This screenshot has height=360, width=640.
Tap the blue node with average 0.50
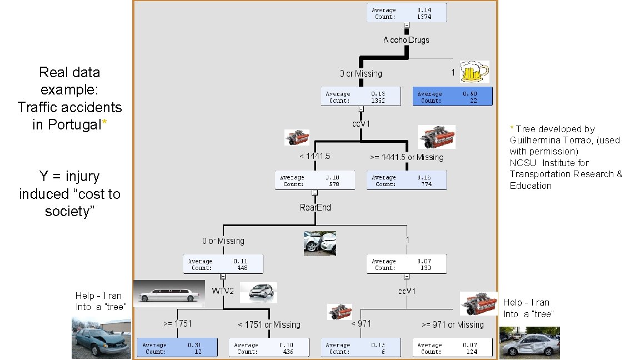(x=453, y=97)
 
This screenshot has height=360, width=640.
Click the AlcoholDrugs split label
(x=406, y=40)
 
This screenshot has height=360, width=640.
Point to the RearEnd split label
(x=315, y=207)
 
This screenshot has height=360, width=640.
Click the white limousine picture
(x=168, y=293)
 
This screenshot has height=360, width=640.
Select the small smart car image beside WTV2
(x=259, y=292)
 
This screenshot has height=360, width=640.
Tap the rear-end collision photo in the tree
(x=319, y=243)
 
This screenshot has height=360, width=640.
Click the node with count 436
(x=269, y=348)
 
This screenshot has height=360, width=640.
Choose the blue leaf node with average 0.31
(x=176, y=348)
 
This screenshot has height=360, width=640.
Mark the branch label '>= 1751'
(x=177, y=323)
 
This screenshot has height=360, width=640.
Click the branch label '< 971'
(x=361, y=323)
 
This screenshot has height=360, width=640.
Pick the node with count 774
(x=407, y=181)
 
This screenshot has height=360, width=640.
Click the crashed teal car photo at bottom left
(x=102, y=338)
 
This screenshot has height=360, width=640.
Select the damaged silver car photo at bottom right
(x=529, y=342)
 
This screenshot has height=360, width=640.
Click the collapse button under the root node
(x=407, y=26)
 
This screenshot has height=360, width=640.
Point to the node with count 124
(x=453, y=348)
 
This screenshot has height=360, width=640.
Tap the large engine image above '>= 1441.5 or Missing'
(x=436, y=137)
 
